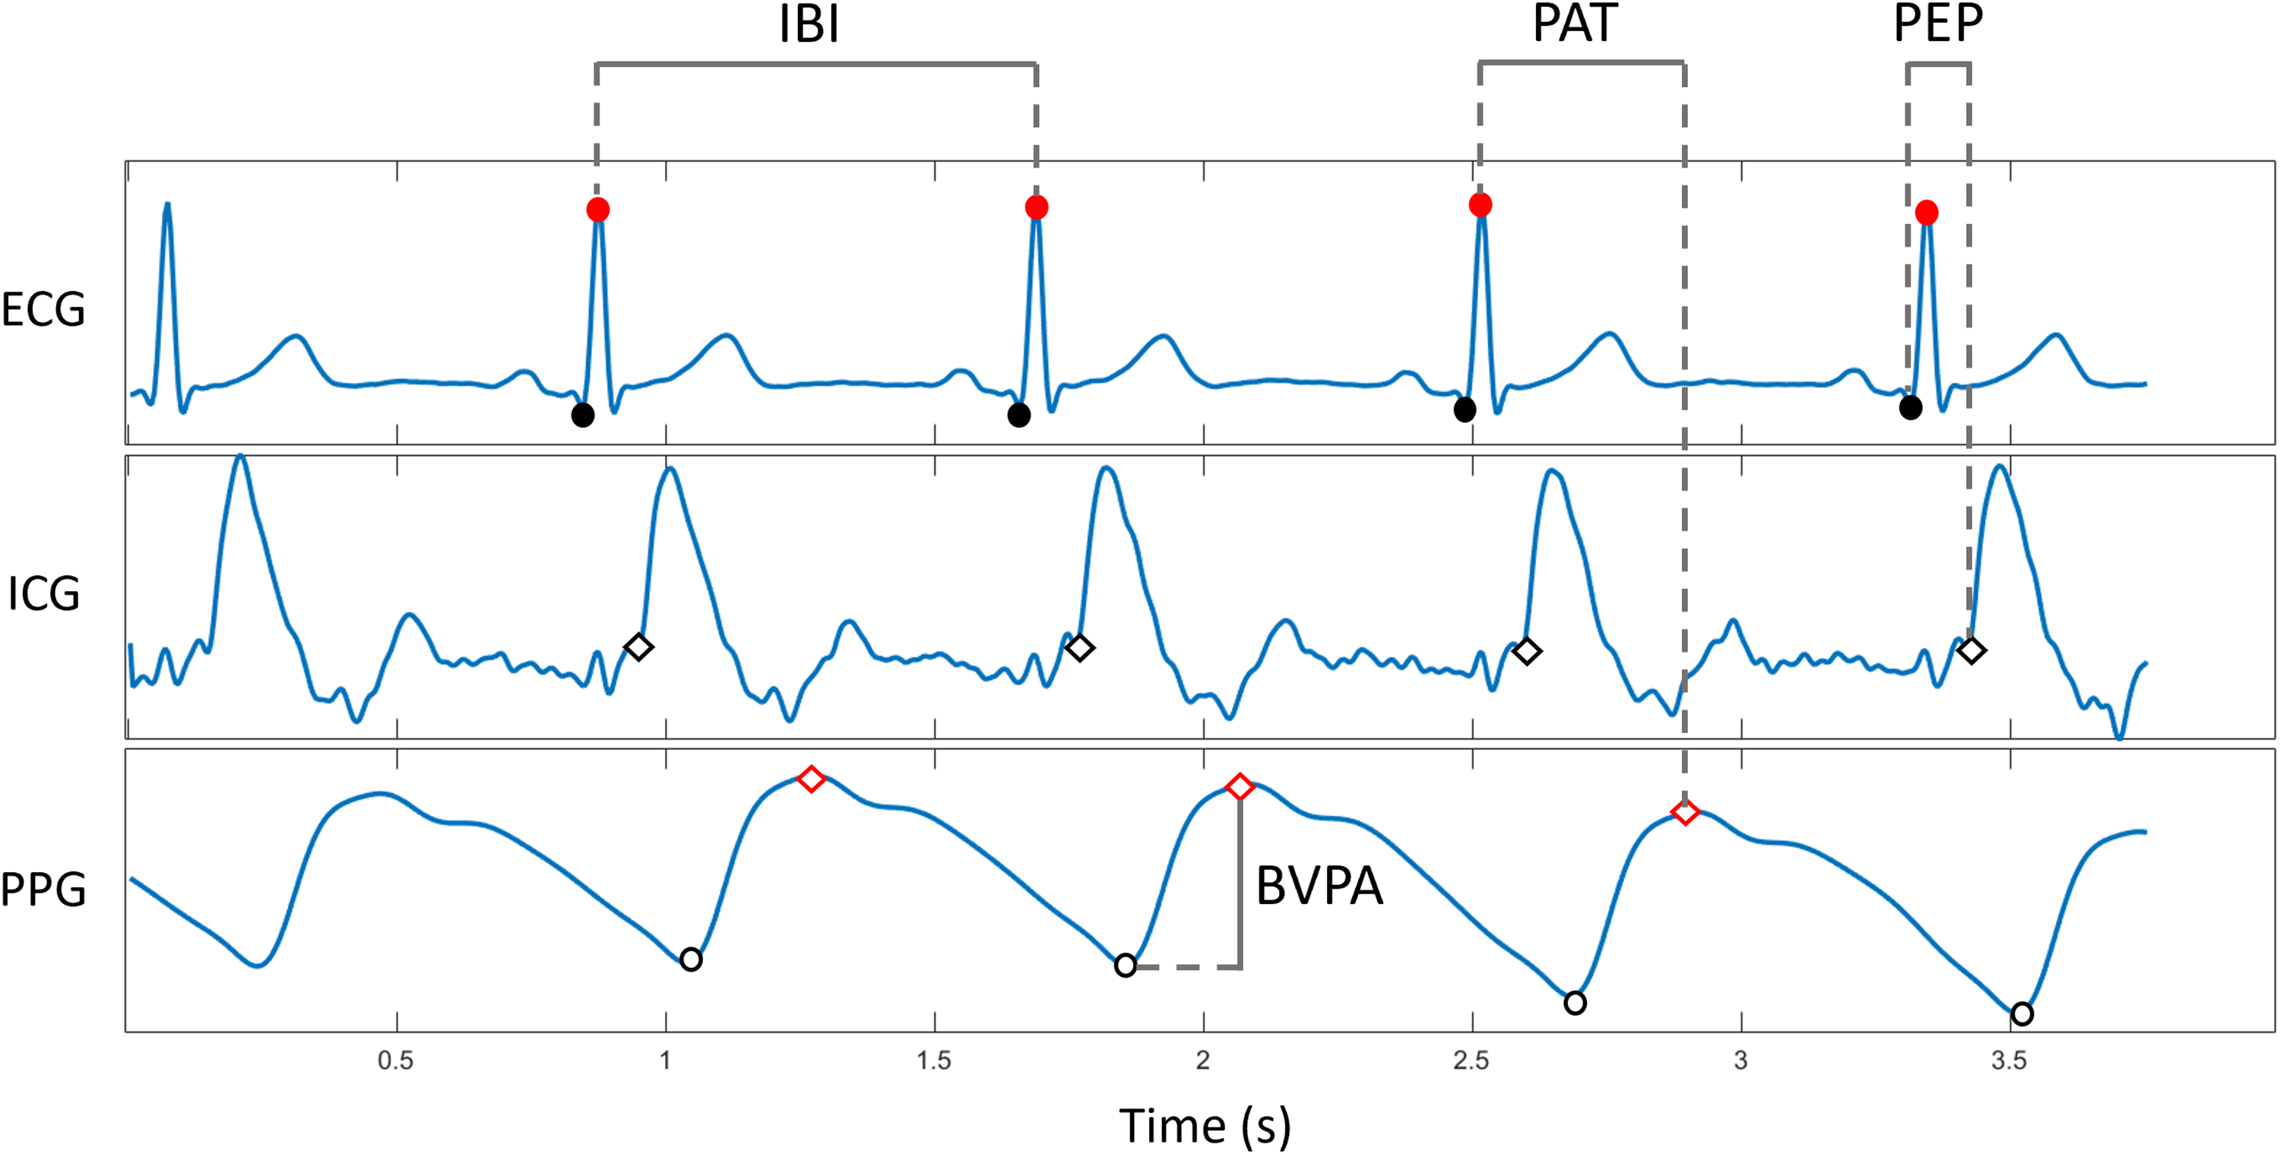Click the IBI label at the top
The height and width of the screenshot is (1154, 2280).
809,25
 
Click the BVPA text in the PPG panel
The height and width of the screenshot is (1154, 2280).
1319,886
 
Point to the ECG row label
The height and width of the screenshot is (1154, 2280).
43,310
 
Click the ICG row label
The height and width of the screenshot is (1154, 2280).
43,594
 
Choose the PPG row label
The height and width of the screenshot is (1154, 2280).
43,890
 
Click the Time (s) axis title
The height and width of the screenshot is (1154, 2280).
1205,1127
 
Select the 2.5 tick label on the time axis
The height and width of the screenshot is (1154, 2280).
1471,1061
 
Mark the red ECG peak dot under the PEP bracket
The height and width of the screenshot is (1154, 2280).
1927,213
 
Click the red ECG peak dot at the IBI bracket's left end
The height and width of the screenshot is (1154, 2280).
597,210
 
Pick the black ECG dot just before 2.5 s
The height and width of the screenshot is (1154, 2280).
1465,409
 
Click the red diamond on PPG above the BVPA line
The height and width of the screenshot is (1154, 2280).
1239,786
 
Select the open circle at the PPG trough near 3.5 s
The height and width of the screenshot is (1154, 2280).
2022,1013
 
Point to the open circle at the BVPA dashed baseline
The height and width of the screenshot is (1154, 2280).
1125,965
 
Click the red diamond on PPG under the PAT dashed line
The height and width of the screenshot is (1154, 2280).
1685,811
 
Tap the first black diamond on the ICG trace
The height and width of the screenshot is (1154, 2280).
638,647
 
